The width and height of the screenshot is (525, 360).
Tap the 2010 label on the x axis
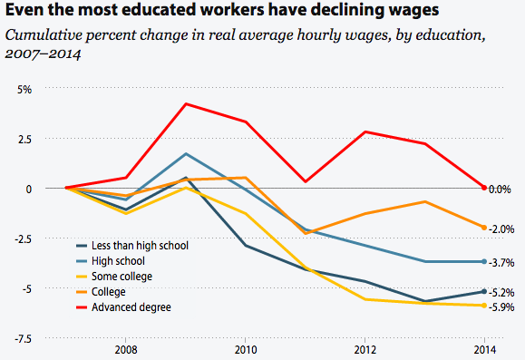(245, 349)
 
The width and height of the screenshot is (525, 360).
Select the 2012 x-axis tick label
(365, 349)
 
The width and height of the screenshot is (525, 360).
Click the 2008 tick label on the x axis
(126, 349)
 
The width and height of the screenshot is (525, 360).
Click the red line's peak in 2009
(186, 103)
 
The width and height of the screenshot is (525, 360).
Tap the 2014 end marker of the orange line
(484, 228)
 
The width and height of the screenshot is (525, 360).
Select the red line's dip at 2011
(306, 181)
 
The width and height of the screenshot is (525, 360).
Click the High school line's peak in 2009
(186, 153)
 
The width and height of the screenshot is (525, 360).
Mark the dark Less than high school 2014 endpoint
(484, 291)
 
